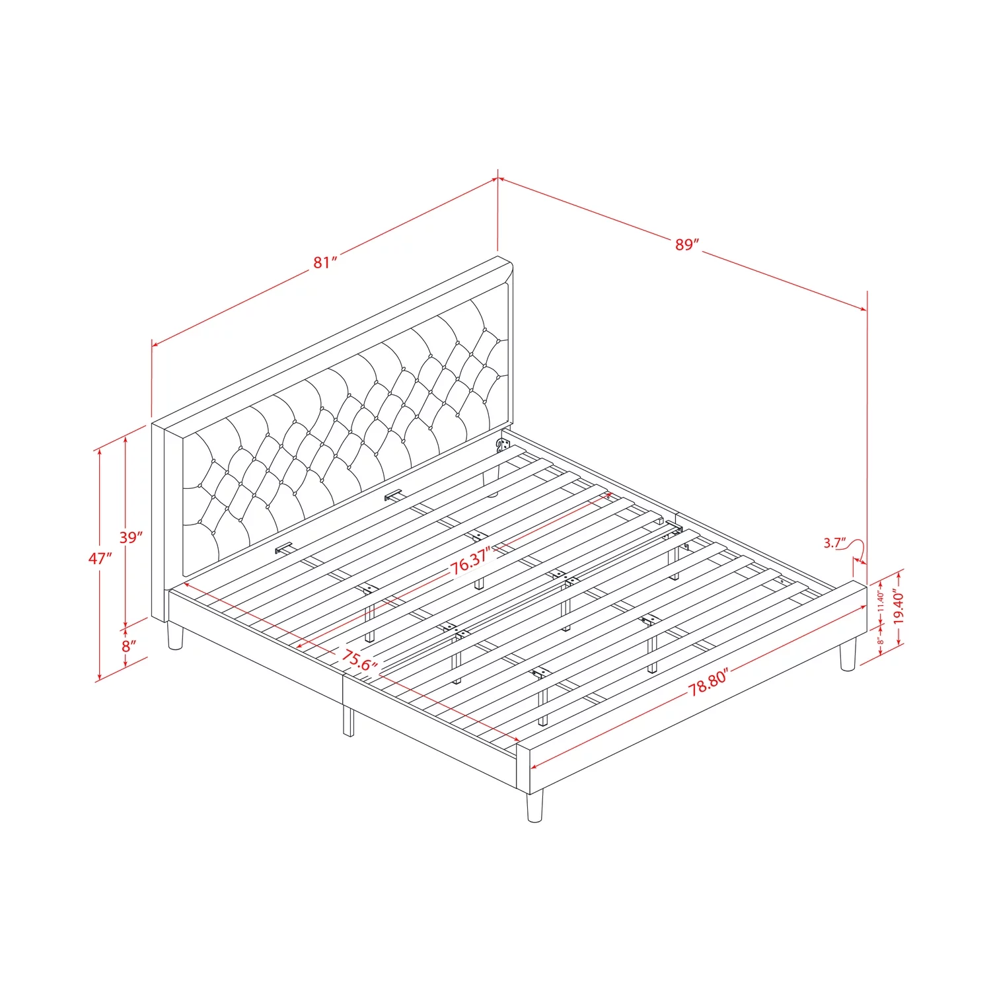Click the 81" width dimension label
(x=325, y=262)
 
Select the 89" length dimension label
(x=687, y=244)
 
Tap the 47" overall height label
(x=100, y=558)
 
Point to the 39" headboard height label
(x=131, y=537)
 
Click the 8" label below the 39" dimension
(x=129, y=645)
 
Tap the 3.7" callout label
(x=834, y=543)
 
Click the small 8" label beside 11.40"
(x=880, y=642)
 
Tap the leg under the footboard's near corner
(x=535, y=807)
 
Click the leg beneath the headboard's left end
(x=175, y=636)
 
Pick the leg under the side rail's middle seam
(x=348, y=721)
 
